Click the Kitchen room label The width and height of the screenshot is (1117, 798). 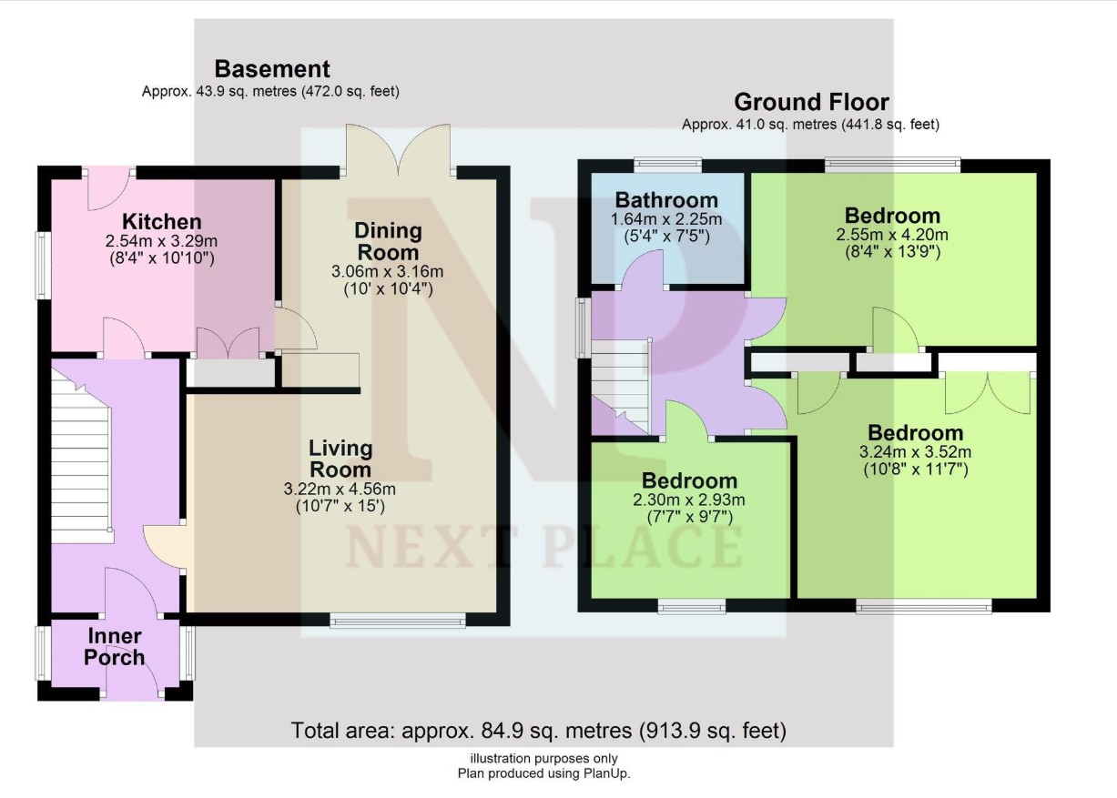161,222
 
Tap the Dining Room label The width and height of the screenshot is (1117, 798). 388,242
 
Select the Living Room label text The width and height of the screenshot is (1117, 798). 340,460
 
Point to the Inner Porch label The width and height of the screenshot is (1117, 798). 114,647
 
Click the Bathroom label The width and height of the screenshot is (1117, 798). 666,200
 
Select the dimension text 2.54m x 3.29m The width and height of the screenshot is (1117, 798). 161,241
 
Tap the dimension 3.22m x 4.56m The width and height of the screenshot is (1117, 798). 340,489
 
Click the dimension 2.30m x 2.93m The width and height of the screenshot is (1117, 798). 689,500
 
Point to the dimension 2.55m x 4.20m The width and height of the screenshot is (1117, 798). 892,234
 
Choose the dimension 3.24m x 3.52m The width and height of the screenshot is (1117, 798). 915,452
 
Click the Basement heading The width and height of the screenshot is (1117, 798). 272,69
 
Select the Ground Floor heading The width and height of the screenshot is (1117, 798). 811,102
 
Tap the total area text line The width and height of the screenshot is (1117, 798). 539,731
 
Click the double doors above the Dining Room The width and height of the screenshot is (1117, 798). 398,149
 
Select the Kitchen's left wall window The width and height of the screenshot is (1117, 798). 42,266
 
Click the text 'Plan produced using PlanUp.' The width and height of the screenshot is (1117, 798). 544,773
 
